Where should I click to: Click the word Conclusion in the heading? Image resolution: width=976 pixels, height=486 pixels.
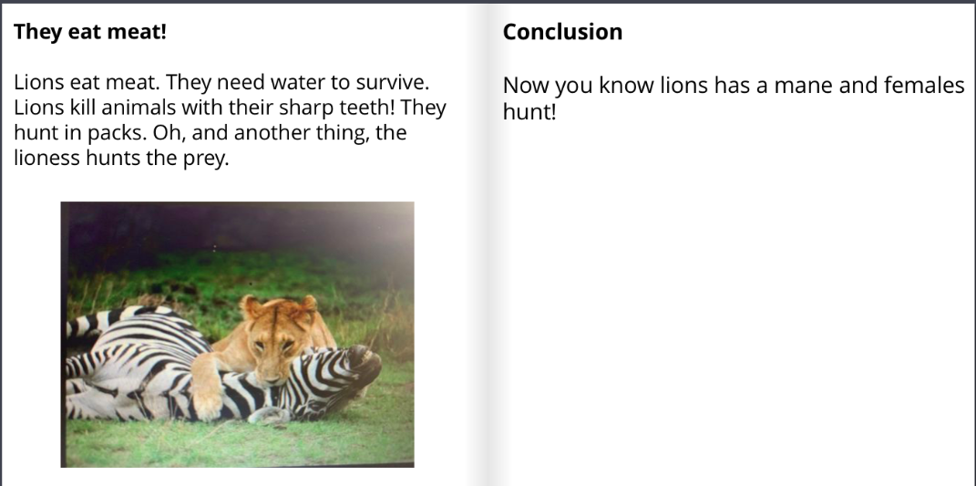point(562,32)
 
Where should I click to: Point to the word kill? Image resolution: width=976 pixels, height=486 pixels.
point(76,108)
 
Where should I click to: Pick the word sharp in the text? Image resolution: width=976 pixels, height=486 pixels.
point(308,109)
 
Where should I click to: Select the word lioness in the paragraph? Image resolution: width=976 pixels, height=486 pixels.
point(46,158)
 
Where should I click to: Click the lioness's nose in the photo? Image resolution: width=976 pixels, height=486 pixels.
point(272,375)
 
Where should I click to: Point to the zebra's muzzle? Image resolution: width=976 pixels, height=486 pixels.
point(365,360)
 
